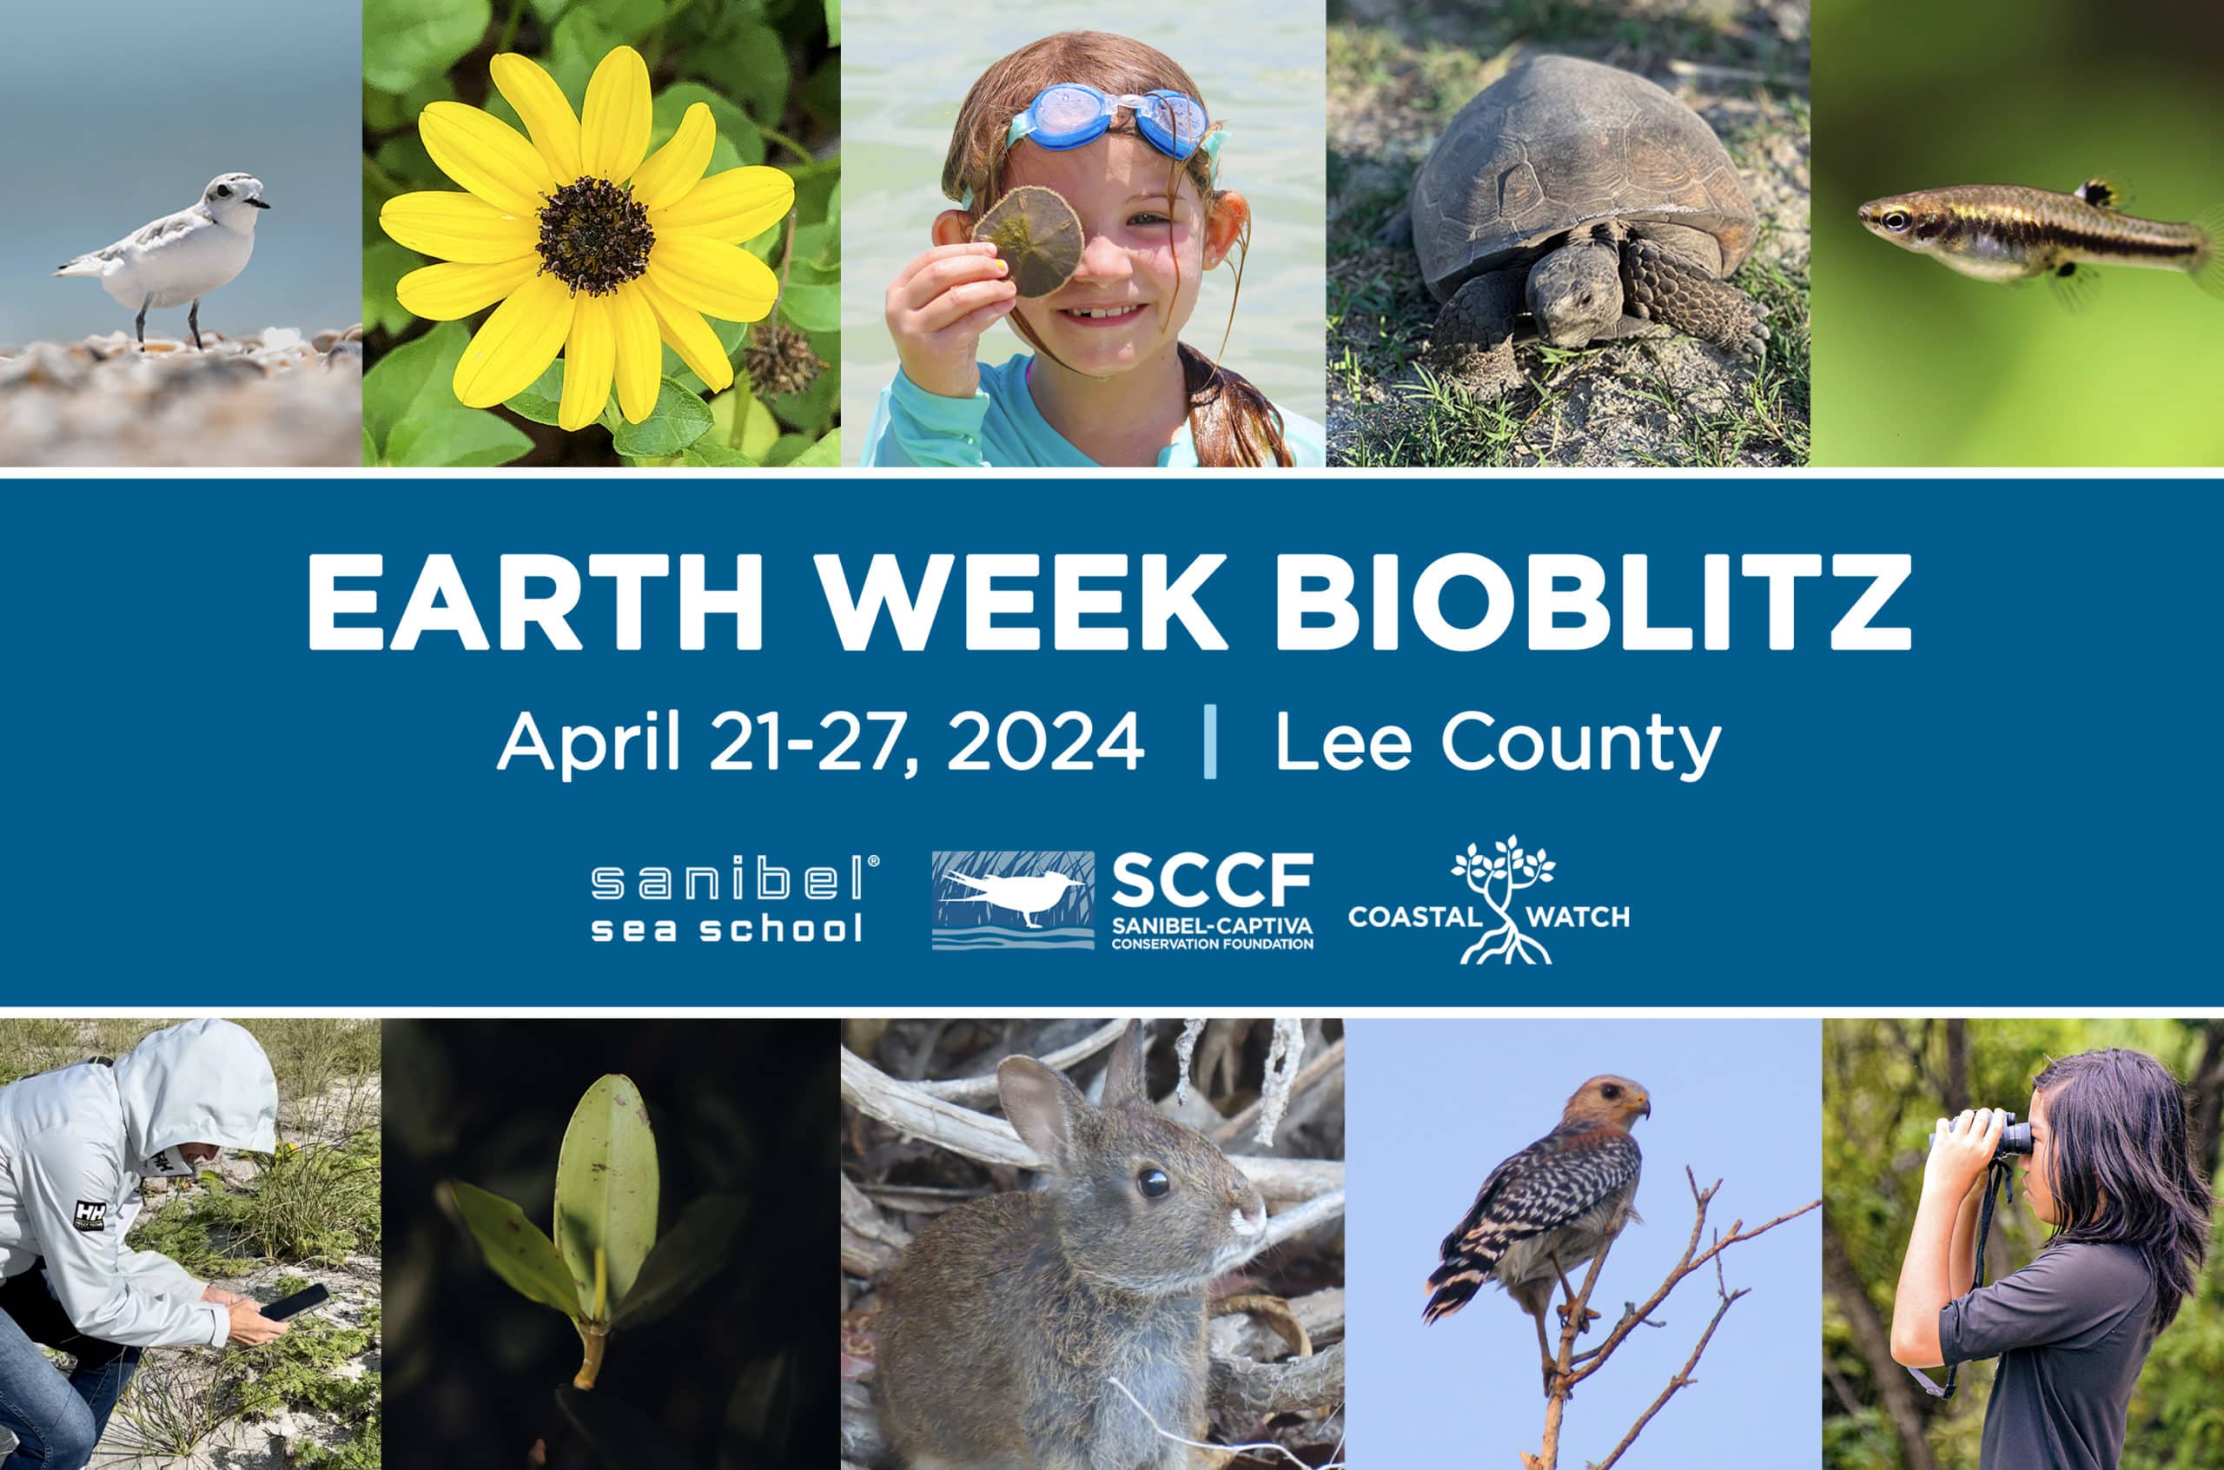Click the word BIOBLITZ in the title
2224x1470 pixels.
(x=1591, y=602)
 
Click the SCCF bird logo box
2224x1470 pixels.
(x=1012, y=900)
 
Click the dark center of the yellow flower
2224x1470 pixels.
(x=594, y=235)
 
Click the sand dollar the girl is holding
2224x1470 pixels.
(x=1028, y=242)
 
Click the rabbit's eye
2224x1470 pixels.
(x=1152, y=1182)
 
